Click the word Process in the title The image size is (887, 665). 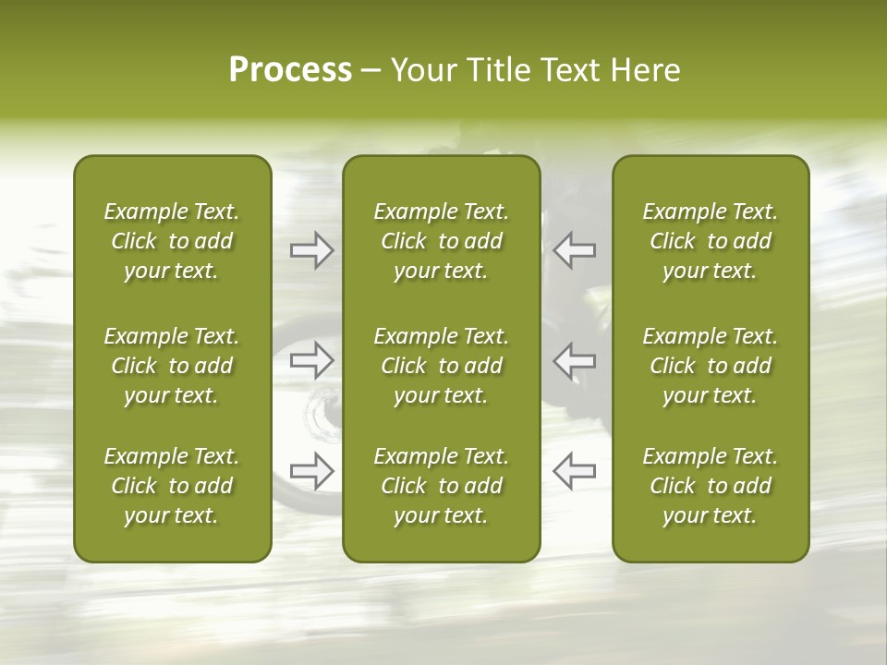290,70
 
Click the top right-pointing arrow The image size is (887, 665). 311,249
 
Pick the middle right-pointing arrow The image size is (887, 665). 311,360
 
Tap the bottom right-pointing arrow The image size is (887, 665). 311,471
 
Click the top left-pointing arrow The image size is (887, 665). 574,249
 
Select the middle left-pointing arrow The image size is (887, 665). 574,360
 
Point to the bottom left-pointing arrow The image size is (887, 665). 574,471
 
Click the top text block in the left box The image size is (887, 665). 172,241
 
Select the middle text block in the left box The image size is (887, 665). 172,366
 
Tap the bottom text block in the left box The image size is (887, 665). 172,486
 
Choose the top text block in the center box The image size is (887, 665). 441,241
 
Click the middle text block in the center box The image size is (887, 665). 441,366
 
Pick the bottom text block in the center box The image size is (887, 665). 441,486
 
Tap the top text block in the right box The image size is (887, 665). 710,241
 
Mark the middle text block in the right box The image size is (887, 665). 710,366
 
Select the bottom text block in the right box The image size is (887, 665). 710,486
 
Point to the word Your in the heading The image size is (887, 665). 421,70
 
